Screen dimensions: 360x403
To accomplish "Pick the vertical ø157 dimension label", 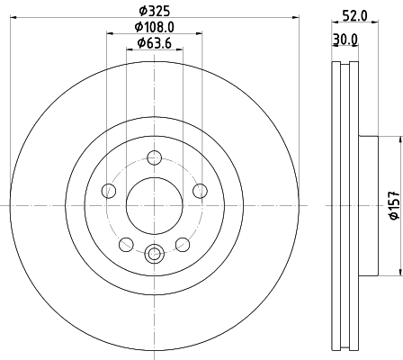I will pos(393,204).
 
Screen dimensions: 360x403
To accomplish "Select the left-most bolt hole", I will pos(109,190).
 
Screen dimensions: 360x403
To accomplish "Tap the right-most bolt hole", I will pos(199,190).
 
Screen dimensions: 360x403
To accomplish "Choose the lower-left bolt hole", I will pos(126,244).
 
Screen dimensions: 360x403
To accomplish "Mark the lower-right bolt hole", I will pos(182,244).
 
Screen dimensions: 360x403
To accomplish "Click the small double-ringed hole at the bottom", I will pos(154,255).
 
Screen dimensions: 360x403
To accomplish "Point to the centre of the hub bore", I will pos(154,204).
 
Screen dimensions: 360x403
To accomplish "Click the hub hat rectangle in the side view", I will pos(378,204).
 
